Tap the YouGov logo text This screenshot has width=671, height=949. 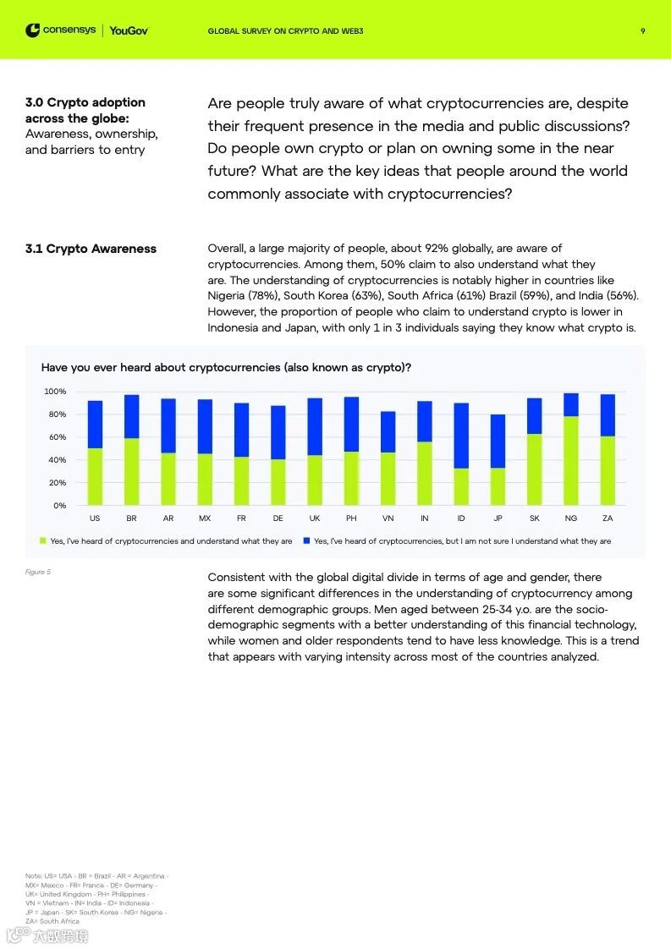[129, 30]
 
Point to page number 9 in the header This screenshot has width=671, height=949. [643, 31]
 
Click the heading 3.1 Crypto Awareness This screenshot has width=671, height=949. [91, 249]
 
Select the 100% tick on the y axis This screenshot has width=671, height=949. [54, 392]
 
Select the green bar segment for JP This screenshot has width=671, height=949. [498, 486]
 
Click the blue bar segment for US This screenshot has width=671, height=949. [95, 425]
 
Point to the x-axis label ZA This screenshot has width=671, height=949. [608, 518]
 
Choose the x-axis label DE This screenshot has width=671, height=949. [278, 518]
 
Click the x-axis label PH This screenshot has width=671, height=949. [351, 518]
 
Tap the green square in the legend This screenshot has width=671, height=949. [43, 540]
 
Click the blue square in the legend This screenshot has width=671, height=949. [306, 540]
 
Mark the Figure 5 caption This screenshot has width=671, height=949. [38, 573]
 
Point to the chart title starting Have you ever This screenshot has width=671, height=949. [226, 368]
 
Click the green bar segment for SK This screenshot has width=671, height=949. [534, 469]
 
